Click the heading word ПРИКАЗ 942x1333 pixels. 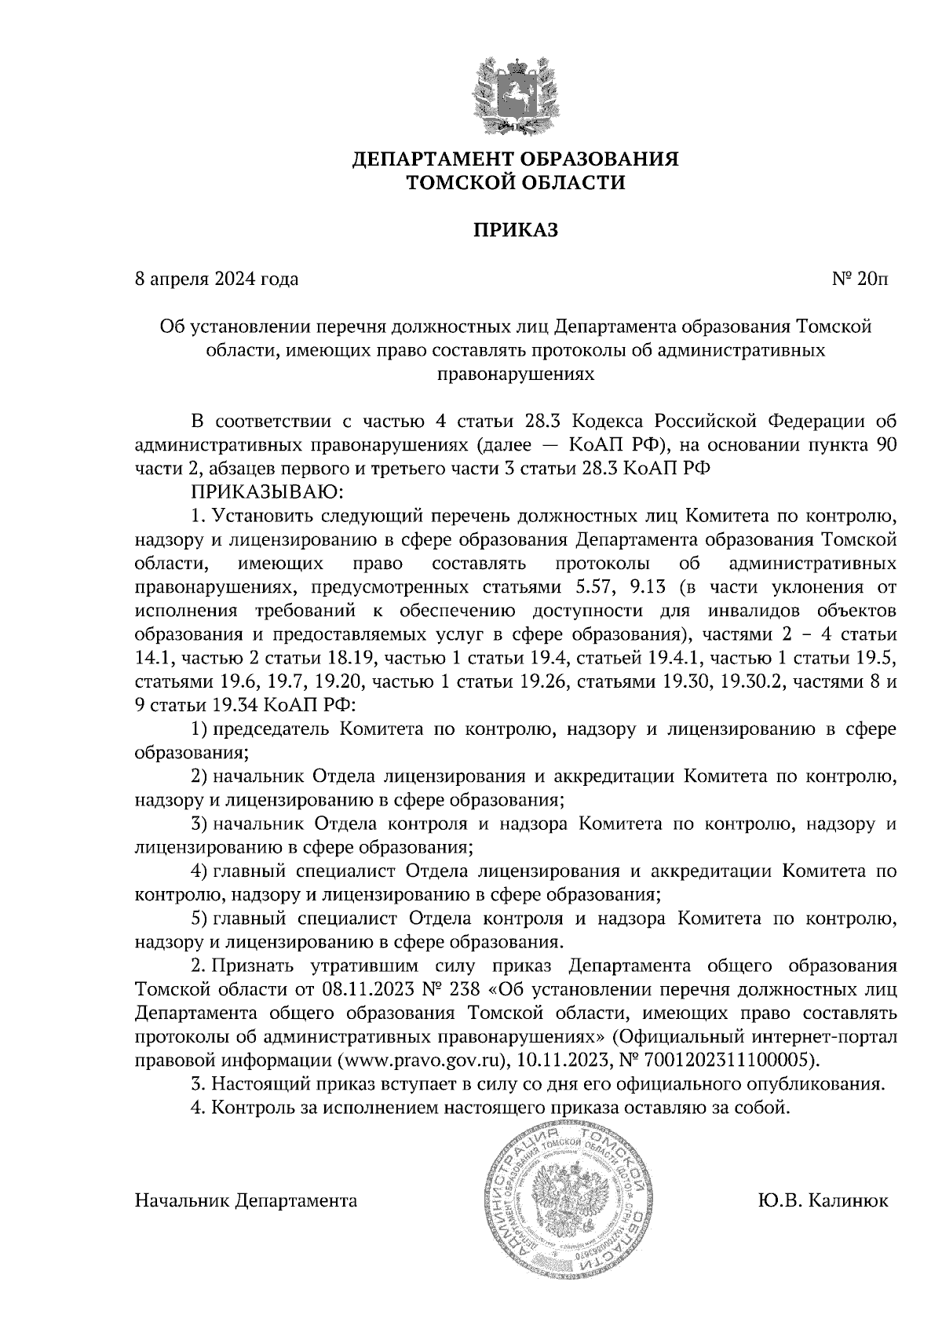[x=514, y=231]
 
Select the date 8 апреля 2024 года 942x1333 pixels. [x=217, y=279]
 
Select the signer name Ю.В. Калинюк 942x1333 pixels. [x=823, y=1200]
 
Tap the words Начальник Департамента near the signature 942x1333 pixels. [x=246, y=1200]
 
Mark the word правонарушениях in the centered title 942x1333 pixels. [x=514, y=374]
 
